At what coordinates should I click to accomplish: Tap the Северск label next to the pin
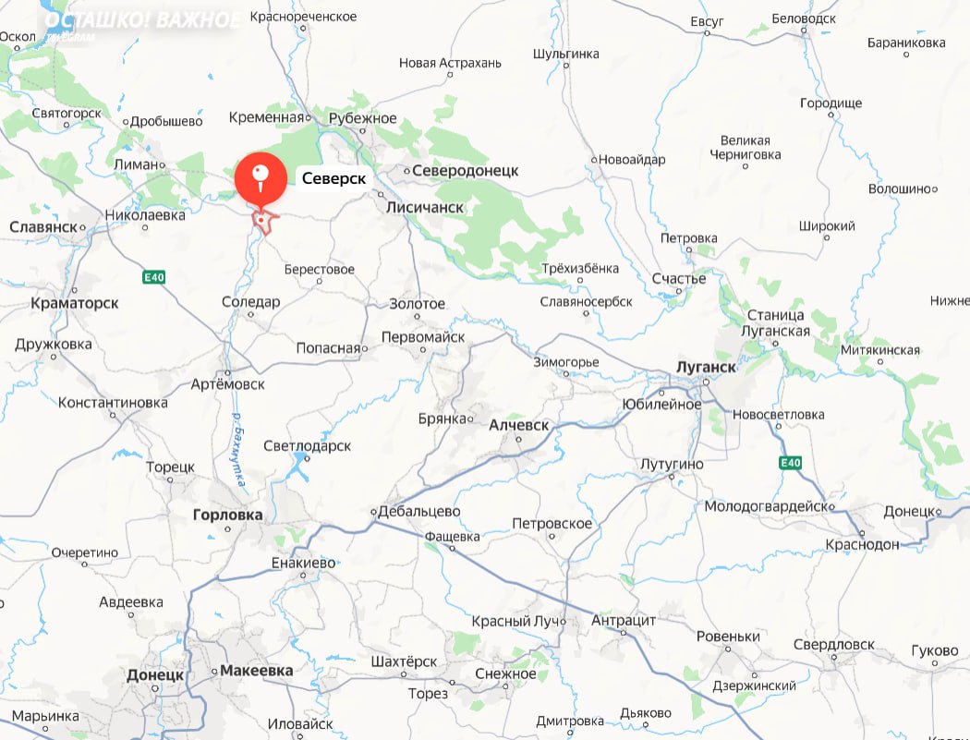pos(333,178)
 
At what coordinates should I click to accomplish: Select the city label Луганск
pos(706,367)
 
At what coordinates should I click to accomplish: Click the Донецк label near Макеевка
pos(155,675)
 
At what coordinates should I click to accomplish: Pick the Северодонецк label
pos(465,171)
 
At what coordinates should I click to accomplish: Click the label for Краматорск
pos(74,303)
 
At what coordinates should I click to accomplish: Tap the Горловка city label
pos(227,515)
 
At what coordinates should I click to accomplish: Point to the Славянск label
pos(43,226)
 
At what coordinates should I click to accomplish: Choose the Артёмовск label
pos(227,383)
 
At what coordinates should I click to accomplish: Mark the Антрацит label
pos(623,621)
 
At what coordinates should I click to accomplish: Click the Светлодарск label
pos(308,446)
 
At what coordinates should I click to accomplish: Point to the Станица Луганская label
pos(778,323)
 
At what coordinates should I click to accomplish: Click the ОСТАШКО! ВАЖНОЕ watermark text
pos(143,20)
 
